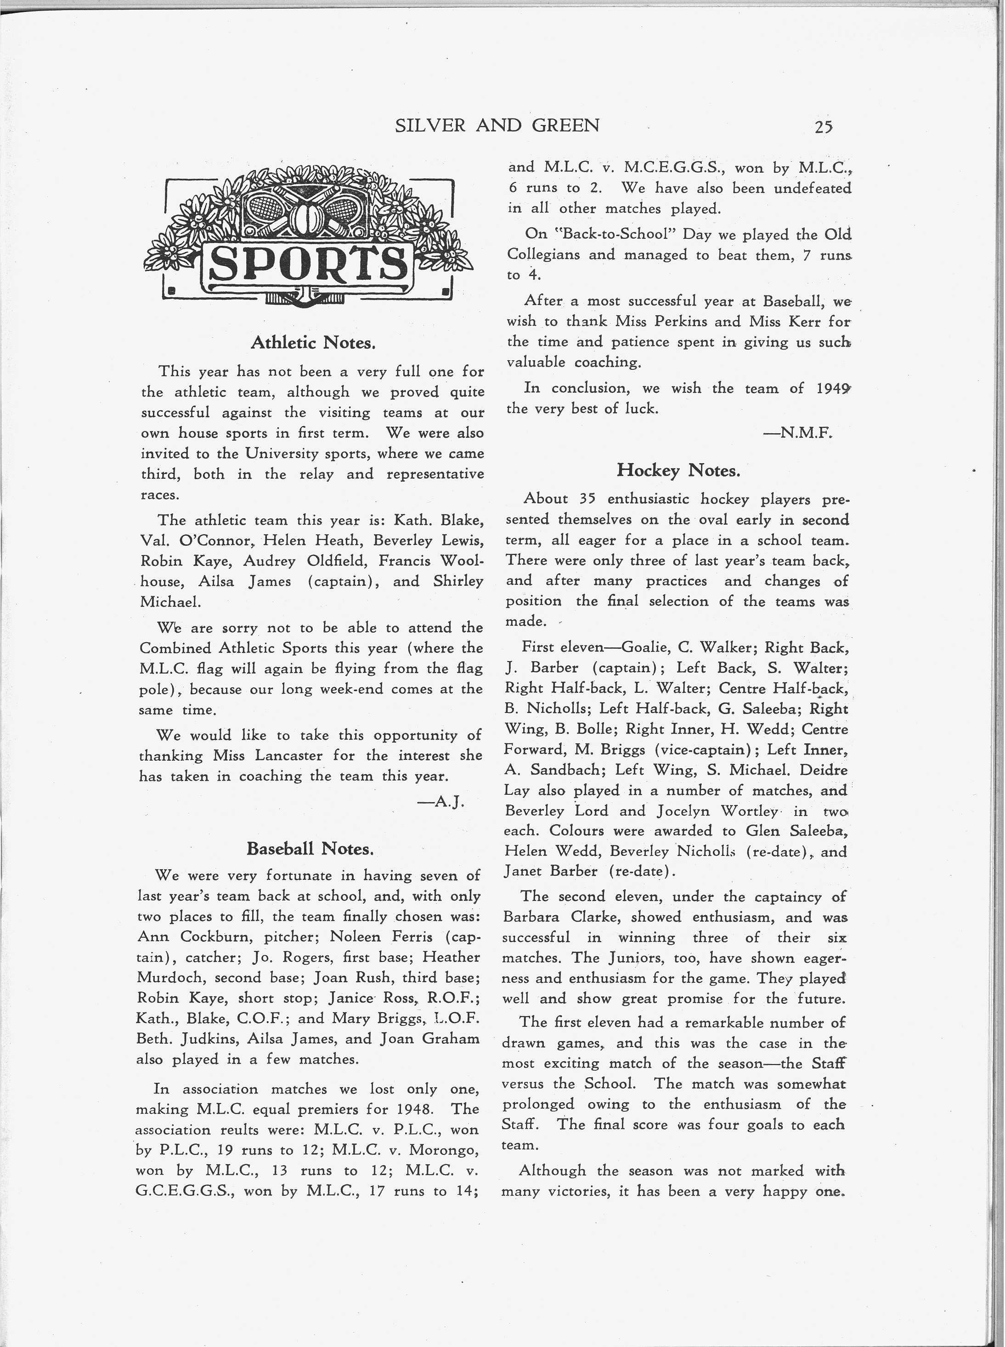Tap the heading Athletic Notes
(x=313, y=343)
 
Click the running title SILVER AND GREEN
(x=497, y=125)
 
